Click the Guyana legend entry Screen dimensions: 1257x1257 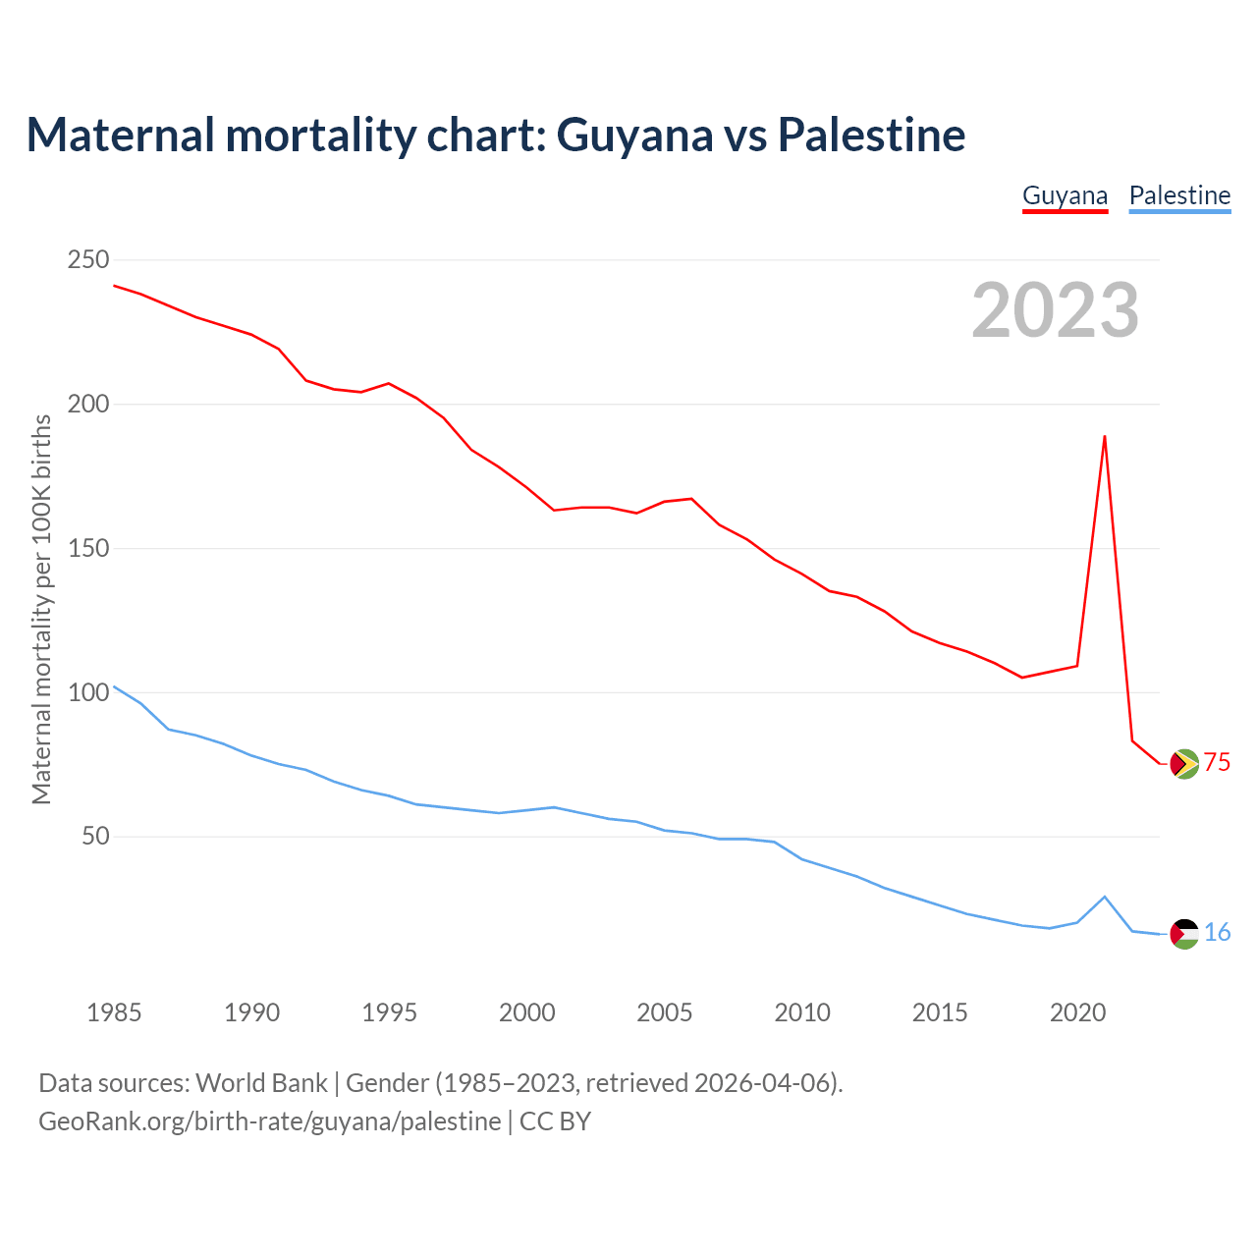click(x=1065, y=195)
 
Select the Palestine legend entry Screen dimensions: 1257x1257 click(x=1179, y=195)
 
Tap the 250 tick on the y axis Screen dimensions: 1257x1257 click(x=88, y=260)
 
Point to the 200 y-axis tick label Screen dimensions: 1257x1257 click(x=88, y=405)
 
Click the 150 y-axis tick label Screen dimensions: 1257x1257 click(x=88, y=549)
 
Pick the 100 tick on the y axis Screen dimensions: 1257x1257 click(x=88, y=693)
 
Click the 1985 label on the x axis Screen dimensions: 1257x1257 click(x=114, y=1012)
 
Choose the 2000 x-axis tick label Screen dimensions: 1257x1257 click(x=527, y=1012)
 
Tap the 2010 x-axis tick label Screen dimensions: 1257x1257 click(x=802, y=1012)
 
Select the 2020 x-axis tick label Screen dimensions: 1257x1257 click(x=1078, y=1012)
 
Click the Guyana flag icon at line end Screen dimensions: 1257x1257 click(x=1184, y=764)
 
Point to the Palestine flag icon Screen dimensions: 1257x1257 click(x=1184, y=934)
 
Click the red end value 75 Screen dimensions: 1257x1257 click(x=1218, y=763)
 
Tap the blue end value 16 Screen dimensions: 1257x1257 click(x=1218, y=933)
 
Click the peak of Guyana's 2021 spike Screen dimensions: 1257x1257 click(x=1105, y=436)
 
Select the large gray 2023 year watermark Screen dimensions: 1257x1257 click(x=1056, y=310)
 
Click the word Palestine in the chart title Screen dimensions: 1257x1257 click(x=871, y=135)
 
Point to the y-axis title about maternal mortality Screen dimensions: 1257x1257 click(x=41, y=609)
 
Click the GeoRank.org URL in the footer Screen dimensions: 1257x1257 click(x=269, y=1121)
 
